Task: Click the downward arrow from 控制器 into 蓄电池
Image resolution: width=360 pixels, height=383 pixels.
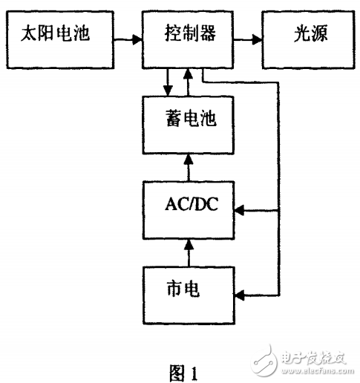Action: coord(169,82)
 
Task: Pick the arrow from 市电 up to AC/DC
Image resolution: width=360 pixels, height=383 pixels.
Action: coord(190,252)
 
